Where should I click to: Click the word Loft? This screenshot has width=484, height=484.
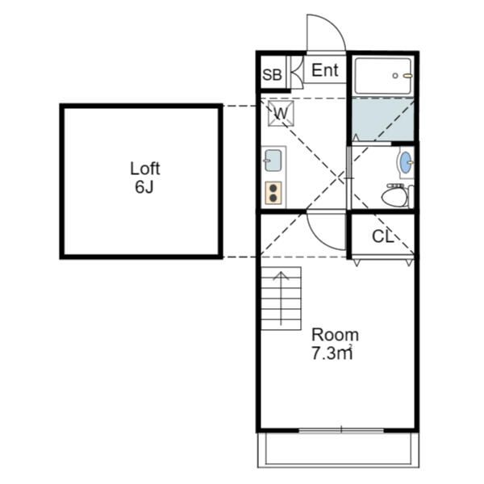tap(144, 169)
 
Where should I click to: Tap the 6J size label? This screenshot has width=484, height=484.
tap(144, 186)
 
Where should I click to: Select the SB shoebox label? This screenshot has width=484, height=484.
tap(272, 75)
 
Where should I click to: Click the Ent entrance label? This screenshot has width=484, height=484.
tap(325, 70)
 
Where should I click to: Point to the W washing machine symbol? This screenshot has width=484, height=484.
tap(281, 113)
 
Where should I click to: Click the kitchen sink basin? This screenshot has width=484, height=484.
tap(273, 161)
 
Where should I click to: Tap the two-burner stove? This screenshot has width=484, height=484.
tap(273, 193)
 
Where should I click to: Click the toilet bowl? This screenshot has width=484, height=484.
tap(394, 198)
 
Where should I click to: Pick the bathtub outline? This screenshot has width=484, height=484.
tap(383, 76)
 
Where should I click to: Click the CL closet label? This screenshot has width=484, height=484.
tap(382, 236)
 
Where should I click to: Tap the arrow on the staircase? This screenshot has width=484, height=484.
tap(281, 298)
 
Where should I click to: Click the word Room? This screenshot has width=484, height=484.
tap(335, 335)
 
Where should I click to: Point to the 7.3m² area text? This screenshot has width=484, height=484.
tap(332, 353)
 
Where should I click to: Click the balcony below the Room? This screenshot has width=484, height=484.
tap(338, 449)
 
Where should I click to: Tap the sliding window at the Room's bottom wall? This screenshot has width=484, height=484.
tap(341, 430)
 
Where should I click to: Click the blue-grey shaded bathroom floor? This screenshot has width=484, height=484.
tap(383, 119)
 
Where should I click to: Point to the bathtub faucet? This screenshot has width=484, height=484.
tap(407, 75)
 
